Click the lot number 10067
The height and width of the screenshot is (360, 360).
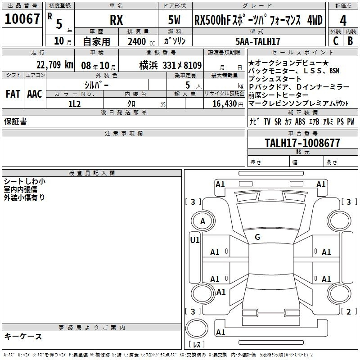tap(22, 20)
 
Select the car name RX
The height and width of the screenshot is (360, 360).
tap(117, 20)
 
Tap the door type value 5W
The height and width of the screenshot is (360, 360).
tap(175, 20)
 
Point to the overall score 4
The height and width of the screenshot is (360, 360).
tap(343, 20)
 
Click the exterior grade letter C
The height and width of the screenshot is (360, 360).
tap(336, 41)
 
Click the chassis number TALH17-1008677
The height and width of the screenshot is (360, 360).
tap(302, 143)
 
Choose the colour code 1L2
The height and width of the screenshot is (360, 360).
tap(74, 103)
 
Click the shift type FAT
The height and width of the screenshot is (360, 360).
tap(13, 94)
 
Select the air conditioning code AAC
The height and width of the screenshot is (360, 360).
tap(34, 94)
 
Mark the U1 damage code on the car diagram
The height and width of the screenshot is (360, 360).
tap(194, 240)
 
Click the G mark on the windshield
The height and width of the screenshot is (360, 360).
tap(257, 237)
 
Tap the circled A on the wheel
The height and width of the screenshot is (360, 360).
tap(202, 221)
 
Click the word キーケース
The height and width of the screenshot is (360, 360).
tap(23, 336)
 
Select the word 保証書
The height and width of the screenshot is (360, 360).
tap(15, 121)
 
